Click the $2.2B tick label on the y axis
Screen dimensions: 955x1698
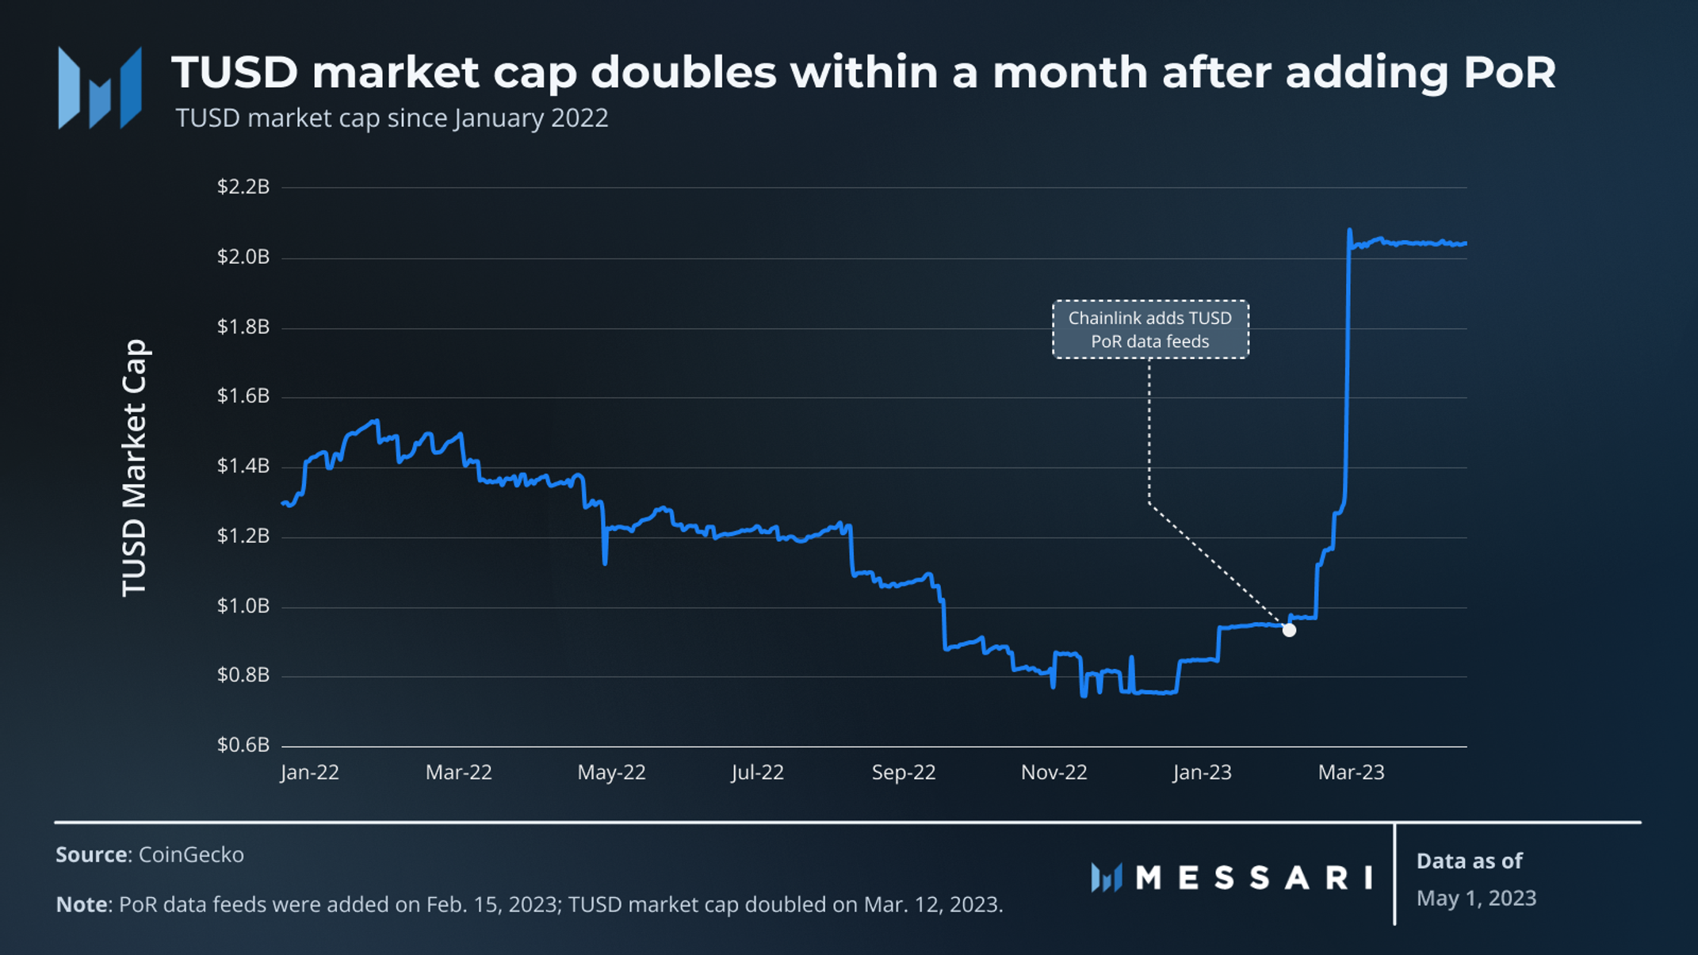[x=243, y=187]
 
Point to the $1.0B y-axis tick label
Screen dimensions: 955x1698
[x=243, y=606]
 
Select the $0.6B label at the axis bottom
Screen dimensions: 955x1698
[x=243, y=745]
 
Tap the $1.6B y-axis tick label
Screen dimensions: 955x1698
[x=243, y=396]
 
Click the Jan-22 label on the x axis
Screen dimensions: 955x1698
[x=310, y=773]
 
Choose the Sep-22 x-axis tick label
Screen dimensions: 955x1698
[x=904, y=773]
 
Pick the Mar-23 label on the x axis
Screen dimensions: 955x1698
[x=1351, y=773]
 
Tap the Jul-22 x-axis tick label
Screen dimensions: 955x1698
[x=758, y=773]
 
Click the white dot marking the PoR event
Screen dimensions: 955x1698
[x=1289, y=630]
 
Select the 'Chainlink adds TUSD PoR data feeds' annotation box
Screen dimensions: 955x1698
[x=1150, y=330]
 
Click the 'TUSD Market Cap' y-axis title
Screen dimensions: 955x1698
[x=135, y=468]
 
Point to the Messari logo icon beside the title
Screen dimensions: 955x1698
[x=100, y=88]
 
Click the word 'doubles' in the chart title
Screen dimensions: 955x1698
[x=683, y=72]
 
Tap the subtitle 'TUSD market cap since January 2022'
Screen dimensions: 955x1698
[x=392, y=118]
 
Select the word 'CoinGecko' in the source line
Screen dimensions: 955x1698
[x=191, y=855]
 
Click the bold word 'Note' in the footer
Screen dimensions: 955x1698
[x=82, y=904]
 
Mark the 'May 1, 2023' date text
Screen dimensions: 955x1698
[x=1476, y=899]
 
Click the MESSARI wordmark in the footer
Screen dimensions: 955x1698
[x=1253, y=878]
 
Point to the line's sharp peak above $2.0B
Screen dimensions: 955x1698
[x=1349, y=231]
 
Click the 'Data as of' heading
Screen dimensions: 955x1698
[x=1469, y=861]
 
